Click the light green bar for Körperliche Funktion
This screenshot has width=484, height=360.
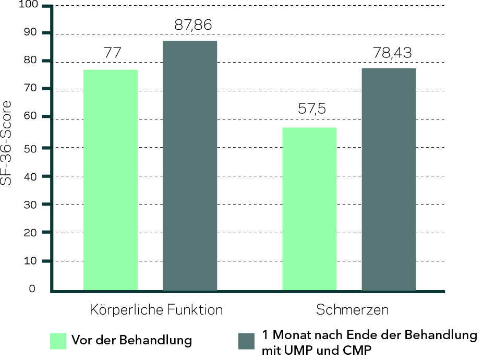pos(111,179)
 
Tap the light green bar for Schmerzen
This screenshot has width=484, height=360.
pos(309,209)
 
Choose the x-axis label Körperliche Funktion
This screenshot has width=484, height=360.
pos(156,310)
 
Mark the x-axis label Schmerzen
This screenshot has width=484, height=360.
pos(353,310)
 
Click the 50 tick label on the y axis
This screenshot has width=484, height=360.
pos(30,148)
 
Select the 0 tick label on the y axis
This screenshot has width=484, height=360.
pos(32,289)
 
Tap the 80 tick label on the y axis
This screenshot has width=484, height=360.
pos(30,61)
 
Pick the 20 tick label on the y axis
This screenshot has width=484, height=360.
pos(30,232)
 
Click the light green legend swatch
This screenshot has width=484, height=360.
pos(58,341)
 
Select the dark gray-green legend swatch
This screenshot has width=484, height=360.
pos(246,341)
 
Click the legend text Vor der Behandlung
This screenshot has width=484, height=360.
pos(131,341)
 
